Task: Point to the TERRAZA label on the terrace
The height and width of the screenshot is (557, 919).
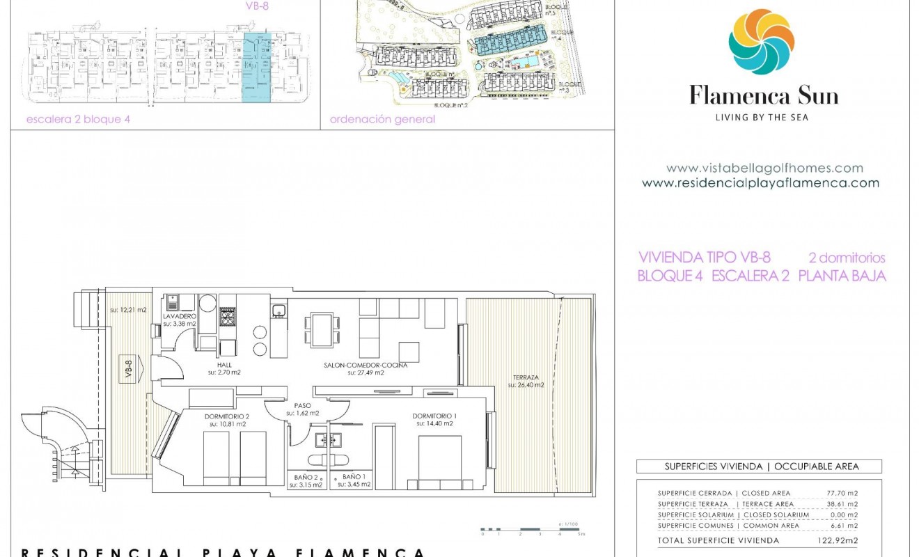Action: coord(526,377)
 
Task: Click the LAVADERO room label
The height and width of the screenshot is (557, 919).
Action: coord(179,316)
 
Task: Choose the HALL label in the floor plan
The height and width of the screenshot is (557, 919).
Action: coord(223,365)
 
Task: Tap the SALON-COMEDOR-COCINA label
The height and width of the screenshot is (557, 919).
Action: coord(366,365)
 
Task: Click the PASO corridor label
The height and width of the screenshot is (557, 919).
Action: coord(302,405)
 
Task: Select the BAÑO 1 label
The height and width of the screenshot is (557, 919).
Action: coord(352,477)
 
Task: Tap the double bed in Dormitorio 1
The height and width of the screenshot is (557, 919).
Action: coord(439,460)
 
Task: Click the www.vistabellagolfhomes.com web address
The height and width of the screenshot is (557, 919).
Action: coord(764,168)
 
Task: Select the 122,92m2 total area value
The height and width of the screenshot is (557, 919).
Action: coord(837,540)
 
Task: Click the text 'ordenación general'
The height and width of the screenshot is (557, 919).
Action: coord(382,119)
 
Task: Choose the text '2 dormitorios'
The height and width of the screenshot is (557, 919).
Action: coord(847,258)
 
